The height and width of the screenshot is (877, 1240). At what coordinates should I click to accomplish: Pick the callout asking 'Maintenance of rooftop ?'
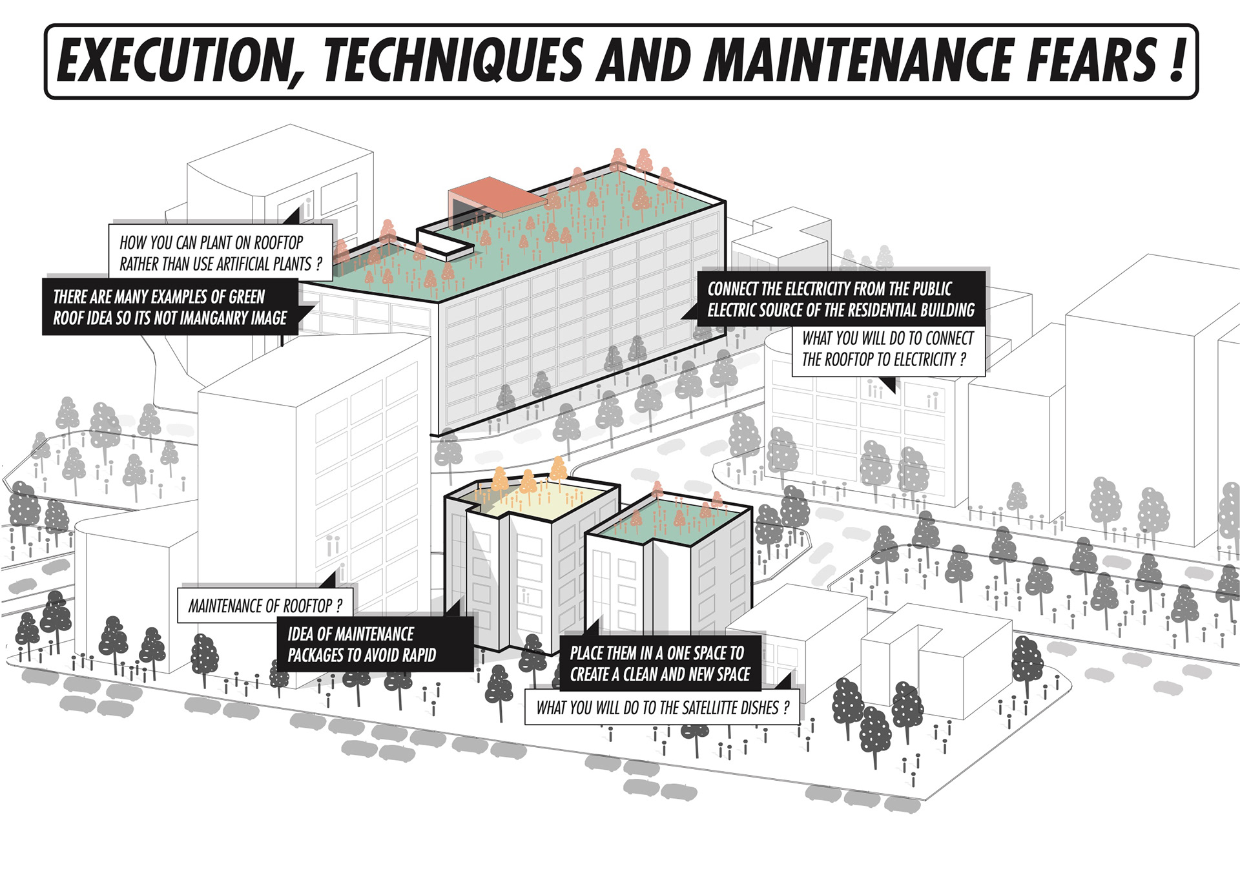click(x=265, y=606)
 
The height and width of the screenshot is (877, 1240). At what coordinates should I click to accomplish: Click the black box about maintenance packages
click(x=375, y=645)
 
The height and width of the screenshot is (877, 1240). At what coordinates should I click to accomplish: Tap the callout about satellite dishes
click(x=662, y=708)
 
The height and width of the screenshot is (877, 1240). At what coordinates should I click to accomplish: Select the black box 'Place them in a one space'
click(x=659, y=663)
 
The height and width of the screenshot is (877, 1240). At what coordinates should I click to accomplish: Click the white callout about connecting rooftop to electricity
click(x=888, y=349)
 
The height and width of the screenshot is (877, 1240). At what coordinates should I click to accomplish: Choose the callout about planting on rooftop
click(x=220, y=253)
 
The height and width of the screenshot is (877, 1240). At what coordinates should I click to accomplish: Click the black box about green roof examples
click(x=170, y=307)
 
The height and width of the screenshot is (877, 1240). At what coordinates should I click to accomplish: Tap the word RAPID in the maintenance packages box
click(x=419, y=655)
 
